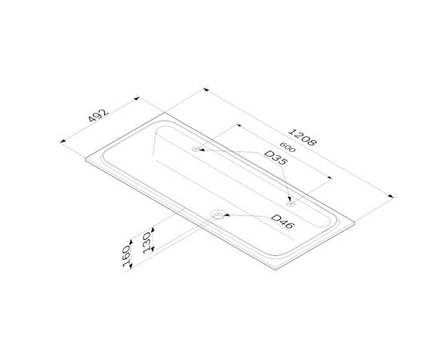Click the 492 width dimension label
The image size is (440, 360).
[x=98, y=115]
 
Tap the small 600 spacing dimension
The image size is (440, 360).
[x=287, y=147]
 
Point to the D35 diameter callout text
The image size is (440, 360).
[x=276, y=158]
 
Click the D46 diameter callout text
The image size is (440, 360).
[x=283, y=222]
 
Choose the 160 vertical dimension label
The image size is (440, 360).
[x=127, y=257]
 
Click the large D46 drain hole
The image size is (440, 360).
[x=218, y=215]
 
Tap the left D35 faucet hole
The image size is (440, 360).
[x=195, y=149]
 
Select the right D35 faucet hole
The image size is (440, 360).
[x=290, y=203]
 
